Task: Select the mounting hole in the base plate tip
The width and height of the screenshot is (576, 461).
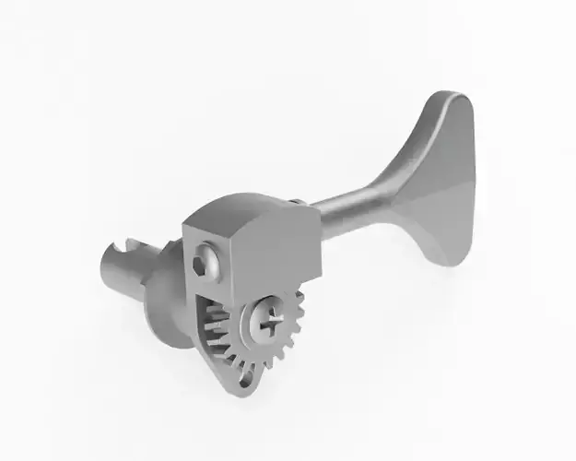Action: (x=243, y=374)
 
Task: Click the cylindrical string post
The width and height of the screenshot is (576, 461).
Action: (x=124, y=272)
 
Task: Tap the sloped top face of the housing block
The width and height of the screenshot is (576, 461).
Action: (x=244, y=210)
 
